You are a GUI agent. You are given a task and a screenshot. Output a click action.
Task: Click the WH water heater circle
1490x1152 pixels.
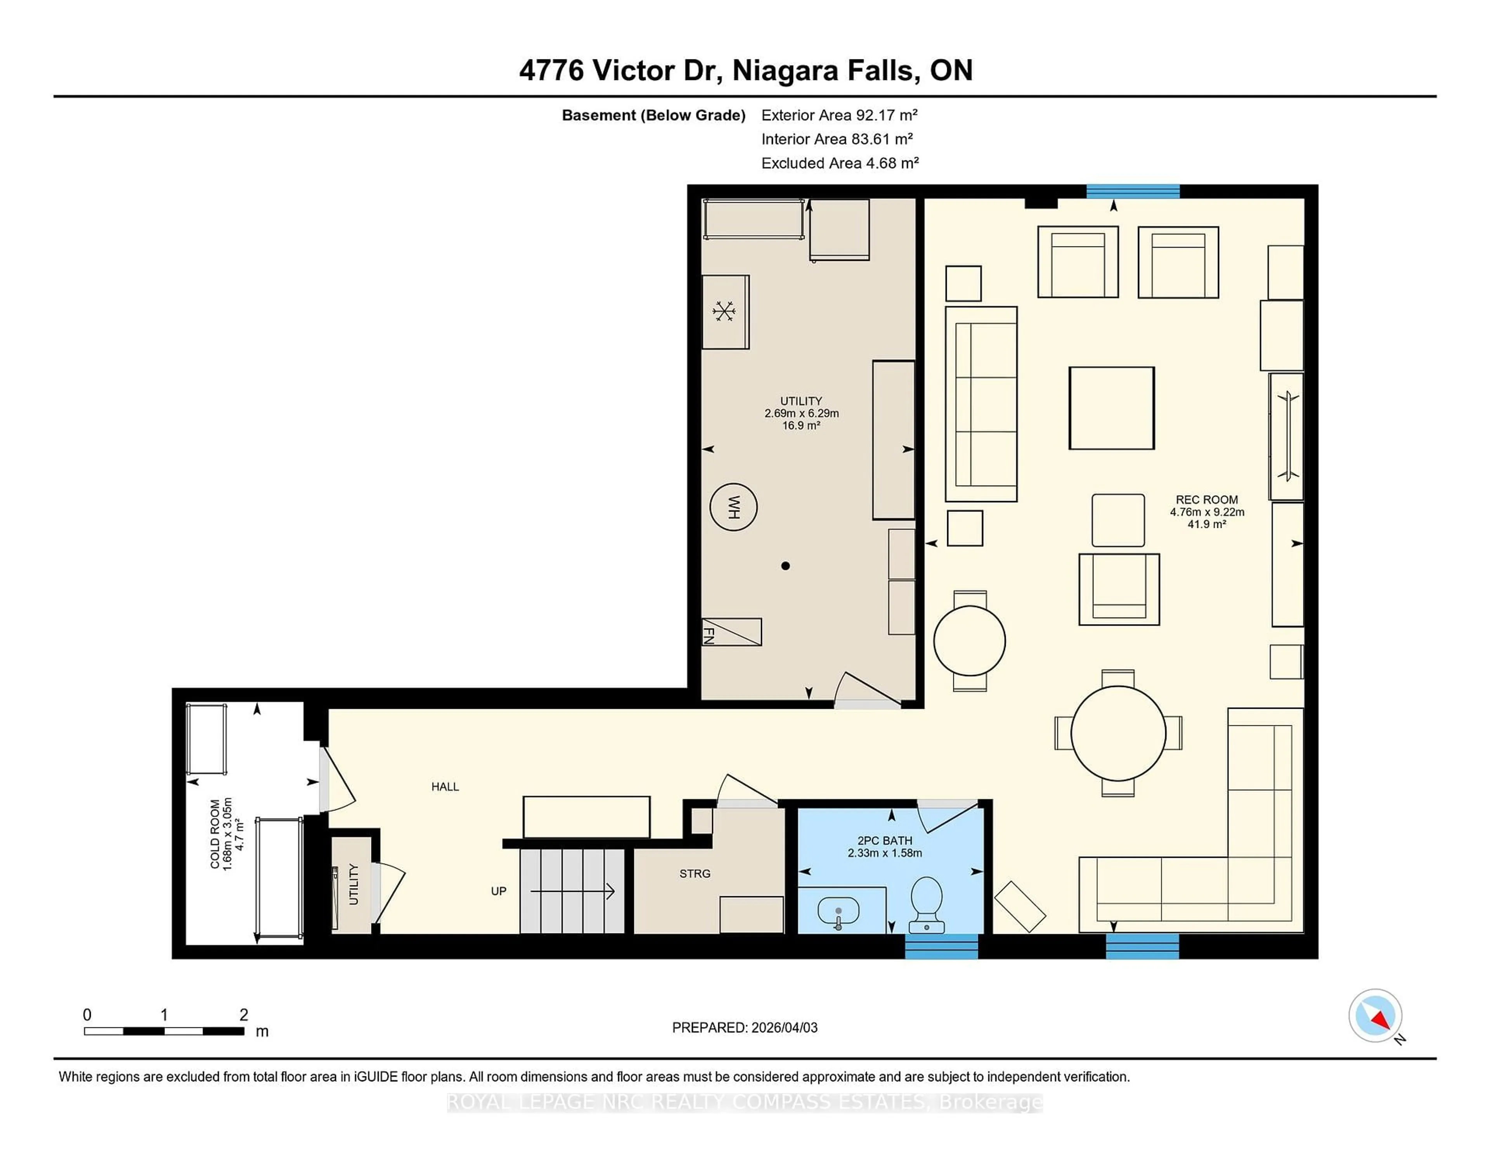[733, 507]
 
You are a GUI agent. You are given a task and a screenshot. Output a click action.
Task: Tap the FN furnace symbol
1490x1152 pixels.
[731, 632]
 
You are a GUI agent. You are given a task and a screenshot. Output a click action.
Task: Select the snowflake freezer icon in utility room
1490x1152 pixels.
[724, 312]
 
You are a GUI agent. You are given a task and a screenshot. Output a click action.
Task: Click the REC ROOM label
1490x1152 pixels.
[1206, 500]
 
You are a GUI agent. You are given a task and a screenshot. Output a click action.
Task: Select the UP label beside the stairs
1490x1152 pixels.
[499, 891]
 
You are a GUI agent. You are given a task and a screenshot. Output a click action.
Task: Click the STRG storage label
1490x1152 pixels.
[695, 874]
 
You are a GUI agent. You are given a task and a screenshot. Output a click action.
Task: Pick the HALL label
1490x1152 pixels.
[445, 787]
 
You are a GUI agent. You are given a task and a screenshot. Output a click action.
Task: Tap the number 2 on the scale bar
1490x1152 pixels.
[244, 1015]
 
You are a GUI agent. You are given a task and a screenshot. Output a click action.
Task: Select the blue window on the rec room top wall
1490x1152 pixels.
[1133, 191]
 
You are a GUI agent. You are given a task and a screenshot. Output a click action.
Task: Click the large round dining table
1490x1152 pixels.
[1118, 733]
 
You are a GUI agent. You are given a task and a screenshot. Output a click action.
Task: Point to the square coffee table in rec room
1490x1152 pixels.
[1111, 408]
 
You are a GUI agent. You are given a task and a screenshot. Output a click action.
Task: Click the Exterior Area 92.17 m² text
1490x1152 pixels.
[839, 115]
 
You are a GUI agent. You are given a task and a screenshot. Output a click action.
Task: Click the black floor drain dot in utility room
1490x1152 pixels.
[785, 566]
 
